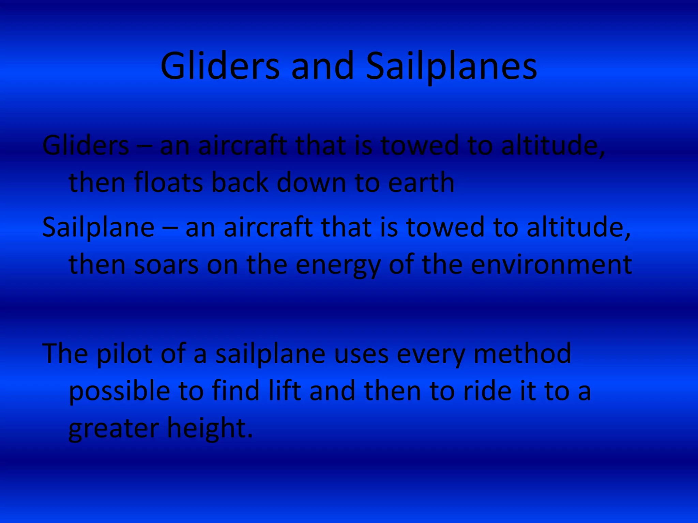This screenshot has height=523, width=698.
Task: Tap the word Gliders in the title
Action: pos(220,66)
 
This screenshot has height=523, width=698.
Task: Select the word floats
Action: pos(169,183)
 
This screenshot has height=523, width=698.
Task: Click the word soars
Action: pos(166,265)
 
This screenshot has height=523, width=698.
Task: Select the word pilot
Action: pos(124,354)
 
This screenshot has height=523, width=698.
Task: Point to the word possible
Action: pos(119,392)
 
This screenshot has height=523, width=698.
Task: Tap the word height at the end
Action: pos(210,428)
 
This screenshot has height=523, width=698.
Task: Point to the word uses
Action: pos(361,354)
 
